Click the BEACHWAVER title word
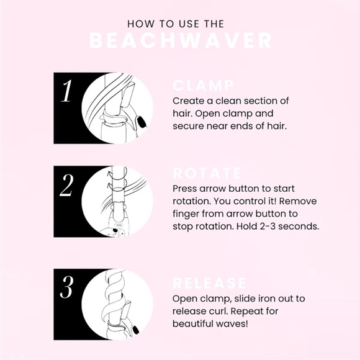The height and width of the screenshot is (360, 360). (180, 42)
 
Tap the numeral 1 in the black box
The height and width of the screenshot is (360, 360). (66, 92)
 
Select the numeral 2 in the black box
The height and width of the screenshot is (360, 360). (66, 186)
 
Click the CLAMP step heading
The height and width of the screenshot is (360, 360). (203, 86)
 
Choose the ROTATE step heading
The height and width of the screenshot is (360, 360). (207, 173)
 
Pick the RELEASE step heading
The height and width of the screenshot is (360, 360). (210, 284)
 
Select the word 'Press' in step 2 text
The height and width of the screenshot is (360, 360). (187, 188)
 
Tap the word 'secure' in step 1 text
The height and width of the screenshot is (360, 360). (189, 125)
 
